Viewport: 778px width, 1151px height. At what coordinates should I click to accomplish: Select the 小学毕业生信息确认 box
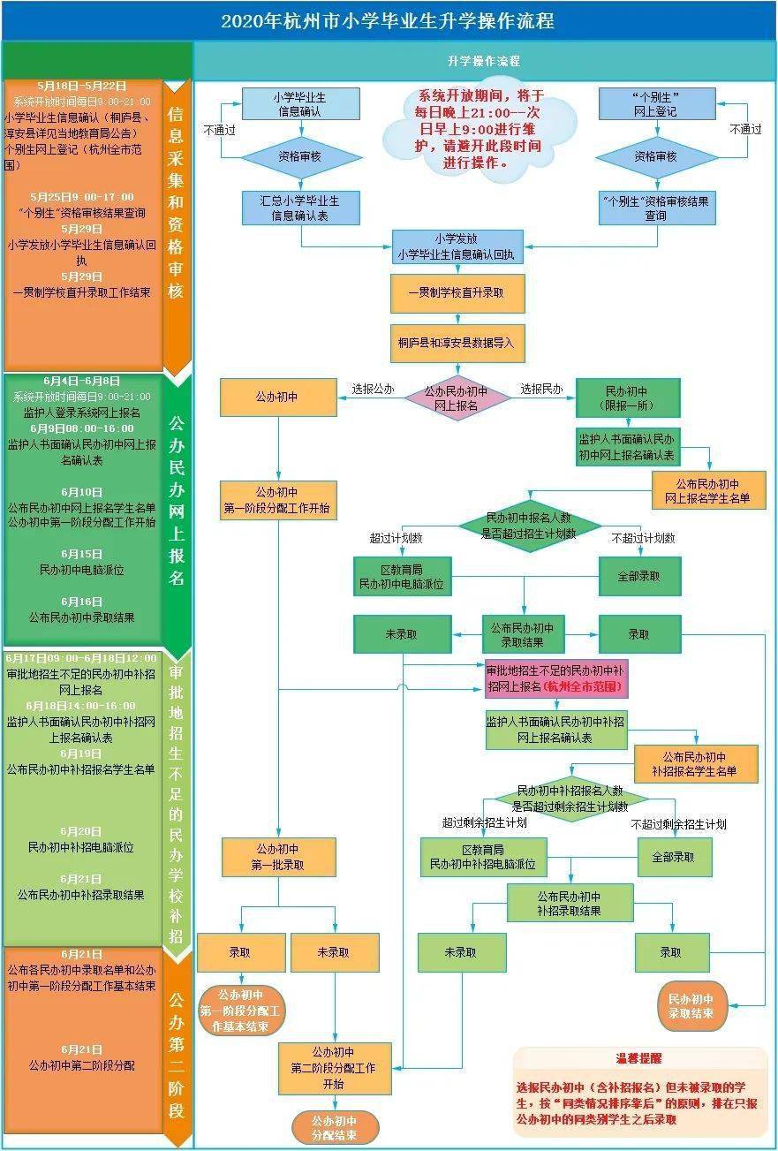click(x=301, y=103)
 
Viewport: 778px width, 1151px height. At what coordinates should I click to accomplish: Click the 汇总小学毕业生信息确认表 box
click(x=301, y=208)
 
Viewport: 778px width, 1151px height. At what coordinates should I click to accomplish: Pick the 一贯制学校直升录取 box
click(x=457, y=293)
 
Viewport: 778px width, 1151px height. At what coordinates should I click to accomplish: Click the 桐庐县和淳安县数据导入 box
click(x=457, y=342)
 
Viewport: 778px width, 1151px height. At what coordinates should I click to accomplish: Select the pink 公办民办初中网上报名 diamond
click(x=457, y=398)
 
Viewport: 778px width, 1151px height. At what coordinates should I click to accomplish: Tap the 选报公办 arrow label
click(x=373, y=389)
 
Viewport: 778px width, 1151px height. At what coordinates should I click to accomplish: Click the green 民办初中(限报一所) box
click(x=628, y=398)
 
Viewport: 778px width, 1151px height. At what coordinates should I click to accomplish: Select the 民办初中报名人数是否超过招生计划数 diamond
click(x=529, y=526)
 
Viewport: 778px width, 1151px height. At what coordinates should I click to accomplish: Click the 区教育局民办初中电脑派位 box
click(x=402, y=575)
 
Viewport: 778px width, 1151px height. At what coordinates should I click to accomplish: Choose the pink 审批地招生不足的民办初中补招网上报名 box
click(x=555, y=678)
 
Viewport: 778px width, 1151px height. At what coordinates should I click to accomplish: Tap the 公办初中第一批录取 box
click(x=279, y=857)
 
